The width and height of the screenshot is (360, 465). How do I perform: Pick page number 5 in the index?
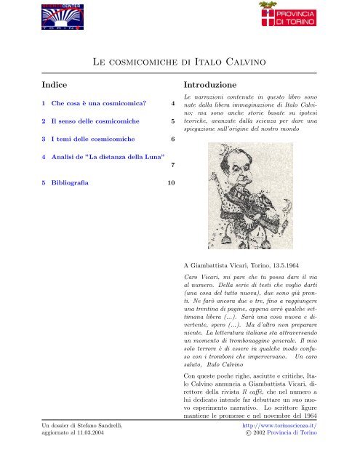(172, 121)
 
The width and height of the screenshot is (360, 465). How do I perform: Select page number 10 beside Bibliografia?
(170, 183)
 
